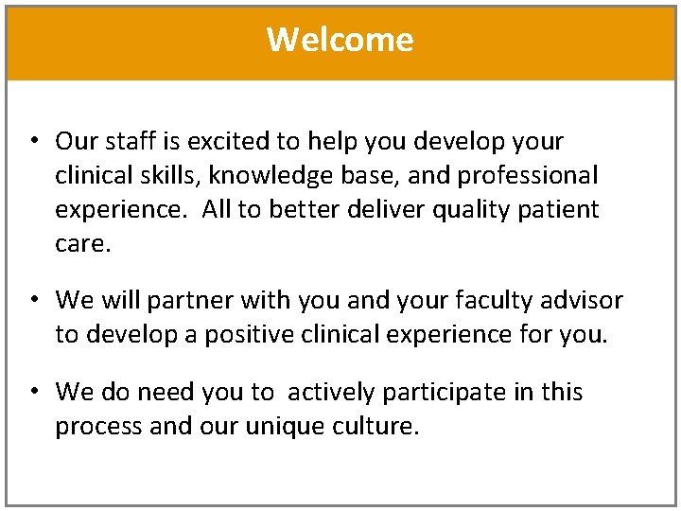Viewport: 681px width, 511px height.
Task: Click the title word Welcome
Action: (x=340, y=40)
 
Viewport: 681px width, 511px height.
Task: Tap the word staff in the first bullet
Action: (x=127, y=142)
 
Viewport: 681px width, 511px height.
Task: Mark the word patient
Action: (x=562, y=209)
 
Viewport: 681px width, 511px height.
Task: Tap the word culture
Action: (x=375, y=426)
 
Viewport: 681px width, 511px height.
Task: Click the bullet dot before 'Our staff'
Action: (x=33, y=142)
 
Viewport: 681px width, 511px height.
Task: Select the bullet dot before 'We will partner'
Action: (x=33, y=301)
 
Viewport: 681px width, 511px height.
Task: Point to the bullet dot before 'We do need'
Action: (x=33, y=392)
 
